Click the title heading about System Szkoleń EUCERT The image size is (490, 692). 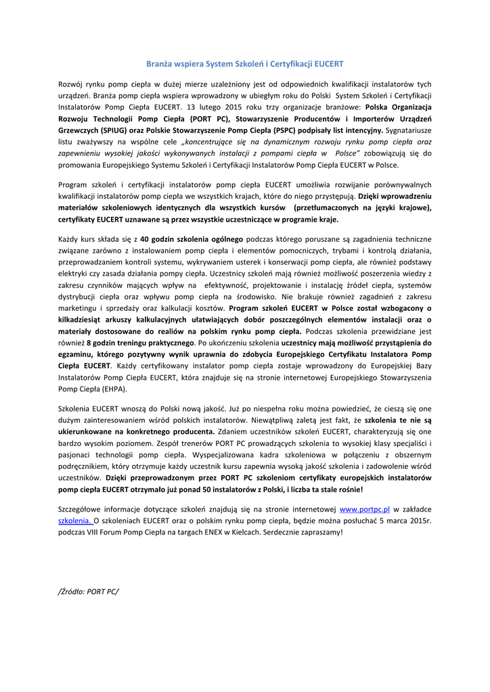tap(245, 64)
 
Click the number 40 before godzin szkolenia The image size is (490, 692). tap(145, 239)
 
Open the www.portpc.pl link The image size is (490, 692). tap(364, 509)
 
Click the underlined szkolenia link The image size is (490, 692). tap(75, 520)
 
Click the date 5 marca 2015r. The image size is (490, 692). tap(402, 520)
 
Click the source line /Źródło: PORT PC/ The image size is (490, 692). tap(89, 591)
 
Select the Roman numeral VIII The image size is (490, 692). tap(99, 532)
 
